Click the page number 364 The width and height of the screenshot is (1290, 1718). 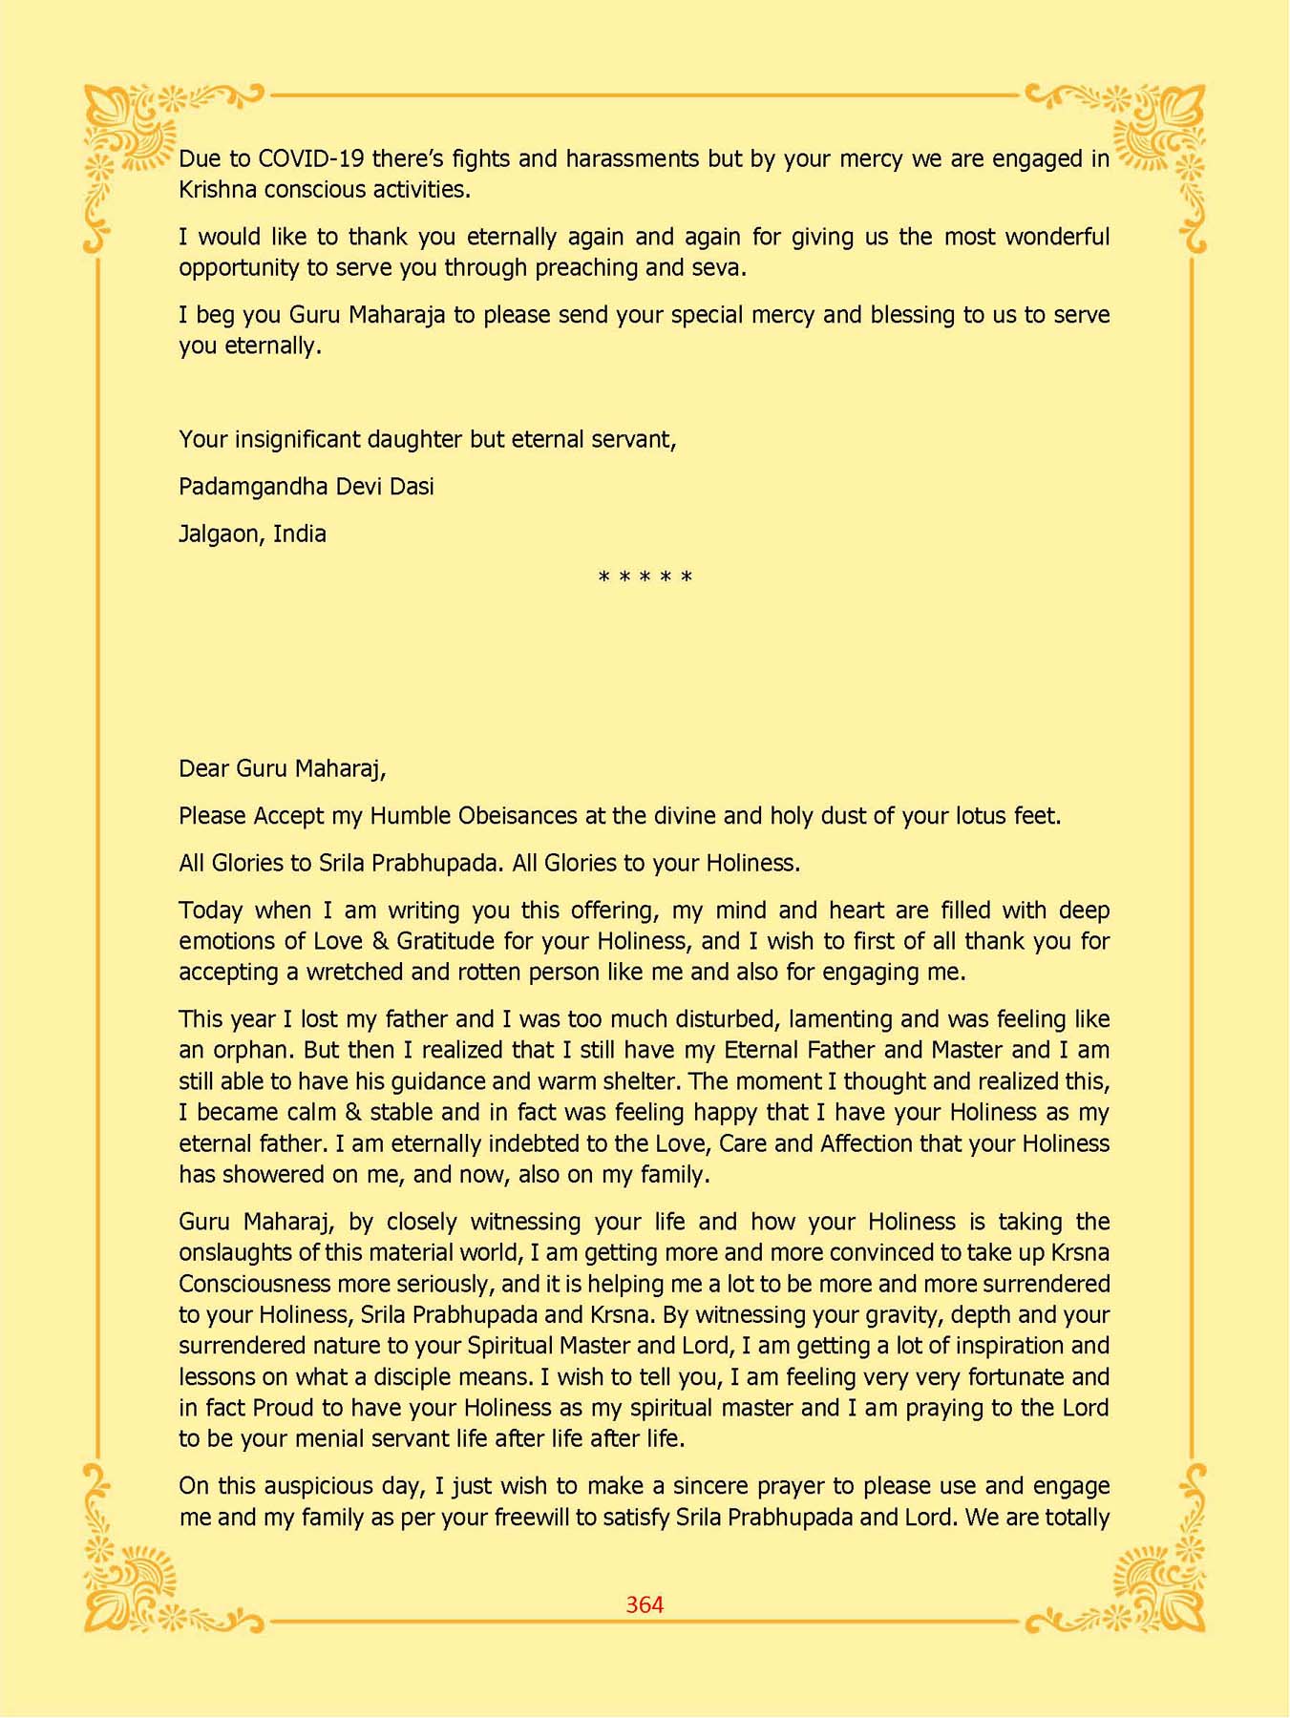(x=645, y=1604)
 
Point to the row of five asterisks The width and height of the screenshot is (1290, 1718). (x=645, y=578)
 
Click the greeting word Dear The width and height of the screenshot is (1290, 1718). (x=203, y=768)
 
